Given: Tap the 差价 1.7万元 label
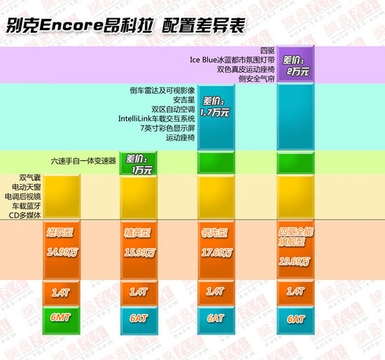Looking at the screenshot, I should (215, 106).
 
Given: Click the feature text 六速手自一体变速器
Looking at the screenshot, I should (83, 160).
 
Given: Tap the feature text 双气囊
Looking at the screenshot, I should (22, 179).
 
